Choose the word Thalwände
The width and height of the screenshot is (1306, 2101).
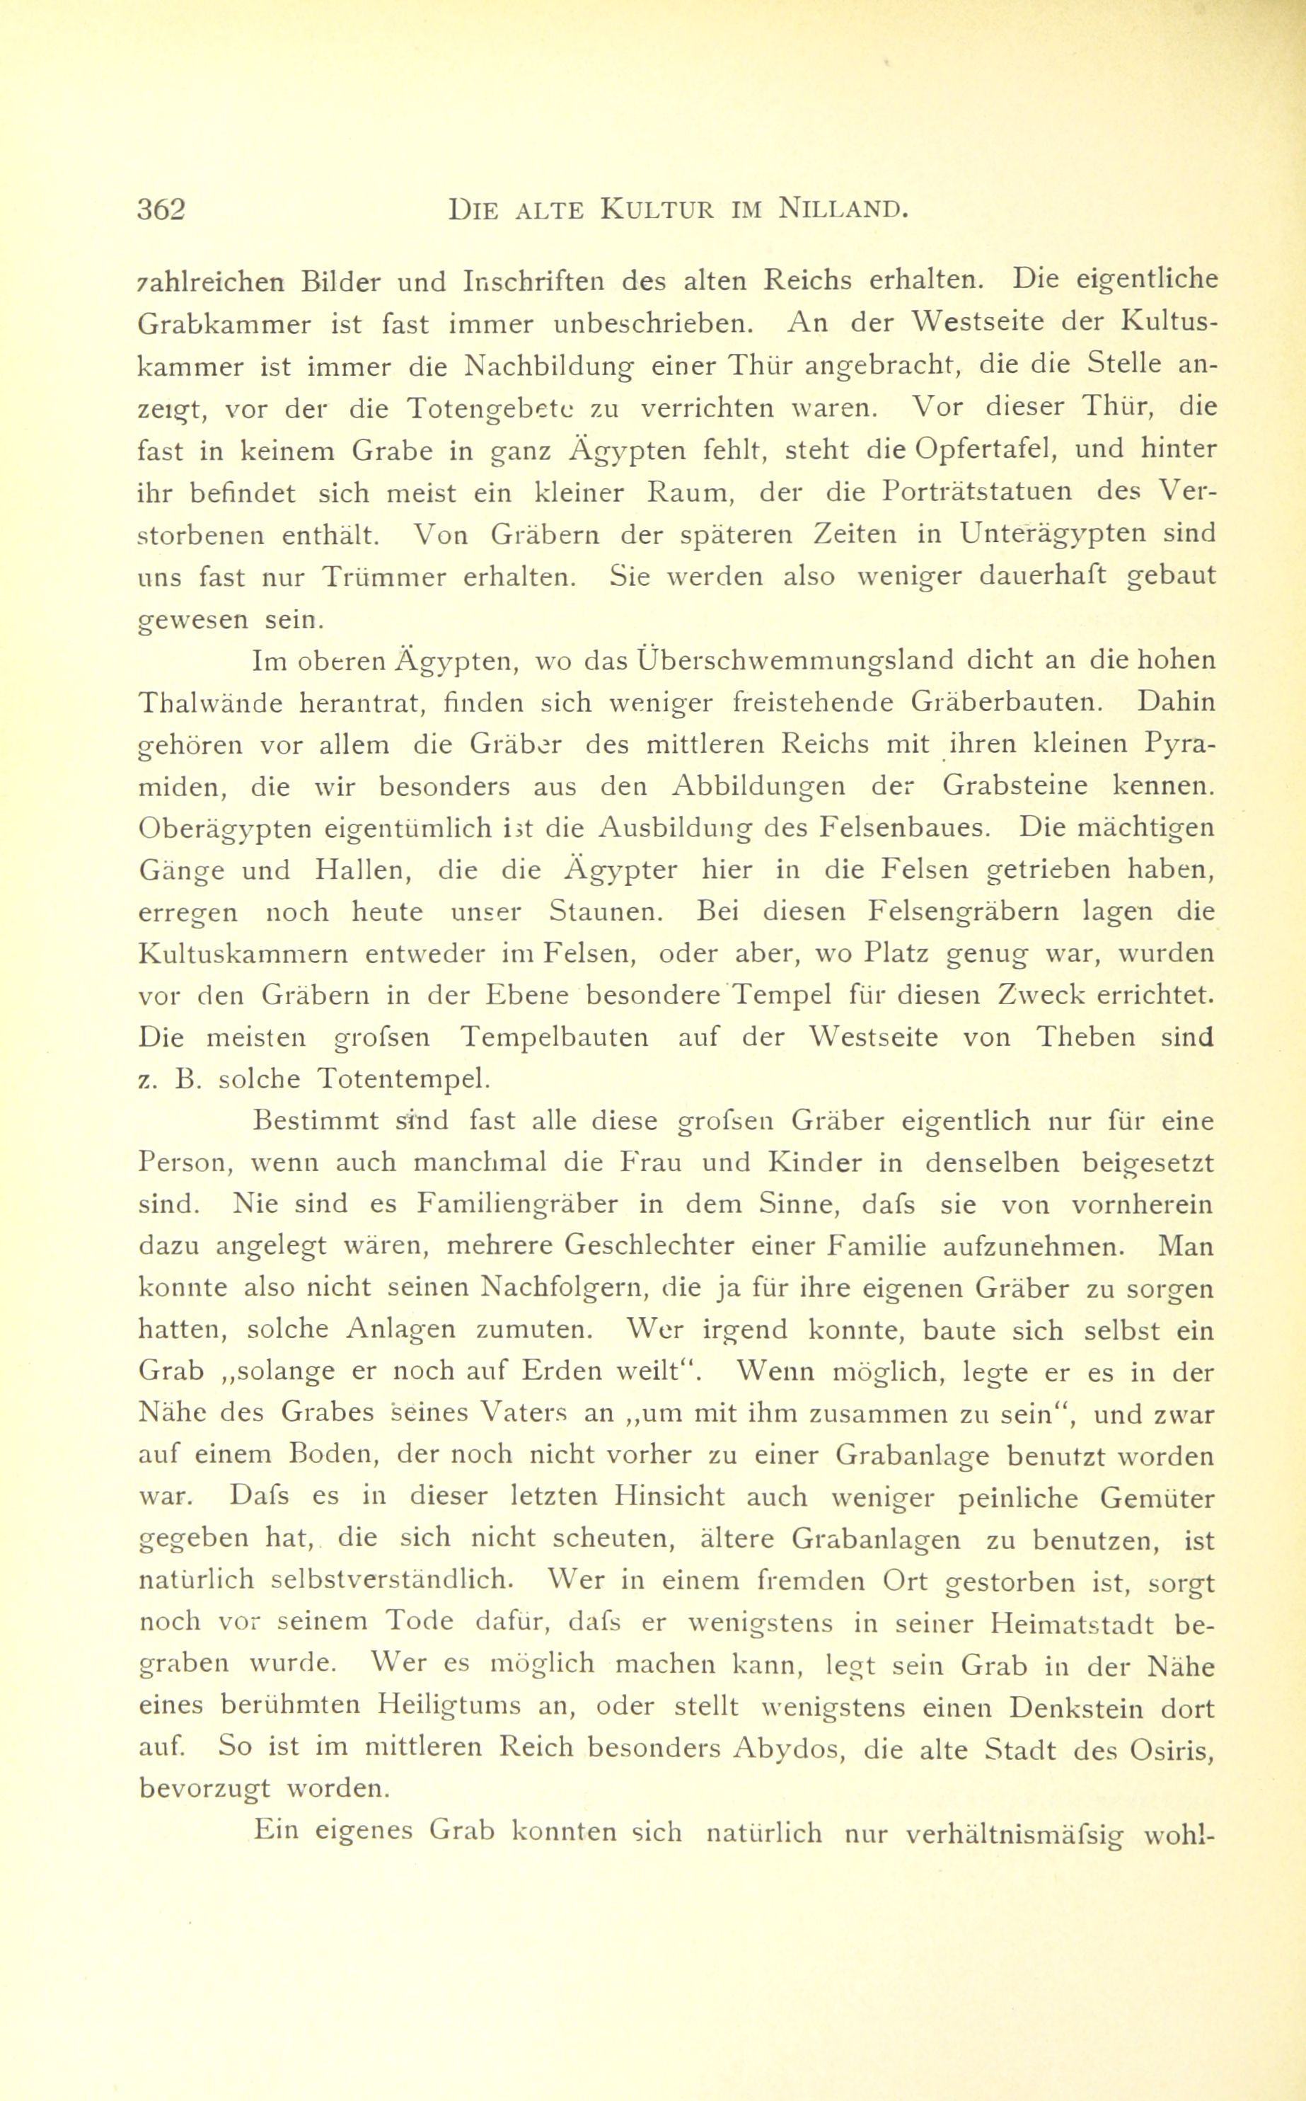coord(211,703)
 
